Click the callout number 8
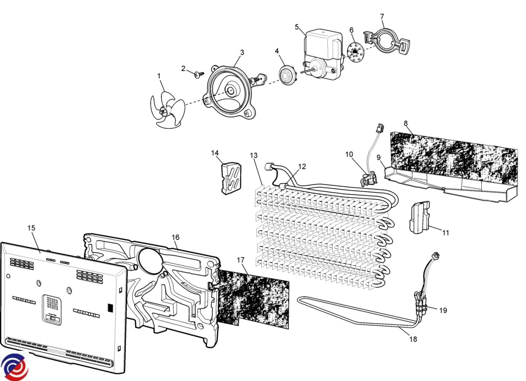coord(406,123)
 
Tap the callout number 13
coord(254,156)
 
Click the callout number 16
coord(175,237)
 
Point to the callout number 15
coord(31,228)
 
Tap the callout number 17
coord(240,260)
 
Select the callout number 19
coord(443,310)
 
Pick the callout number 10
coord(349,154)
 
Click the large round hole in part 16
coord(150,259)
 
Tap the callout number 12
coord(302,166)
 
